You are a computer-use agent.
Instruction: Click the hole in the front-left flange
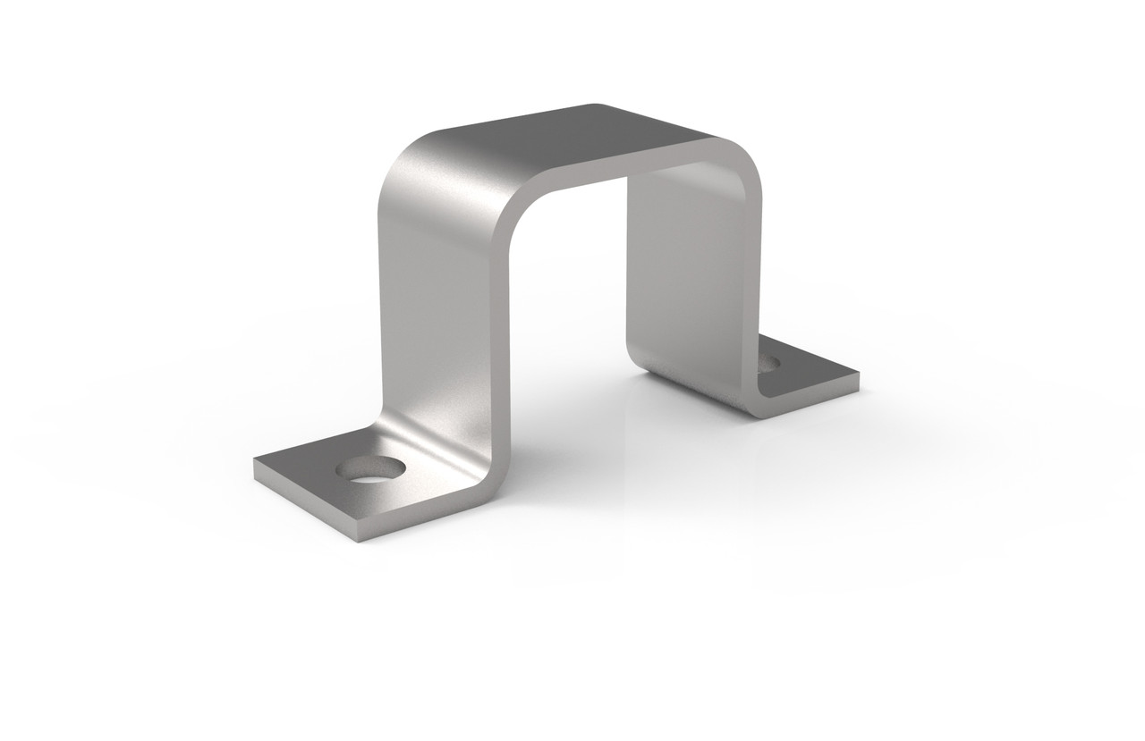368,467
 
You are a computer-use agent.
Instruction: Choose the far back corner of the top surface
592,105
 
